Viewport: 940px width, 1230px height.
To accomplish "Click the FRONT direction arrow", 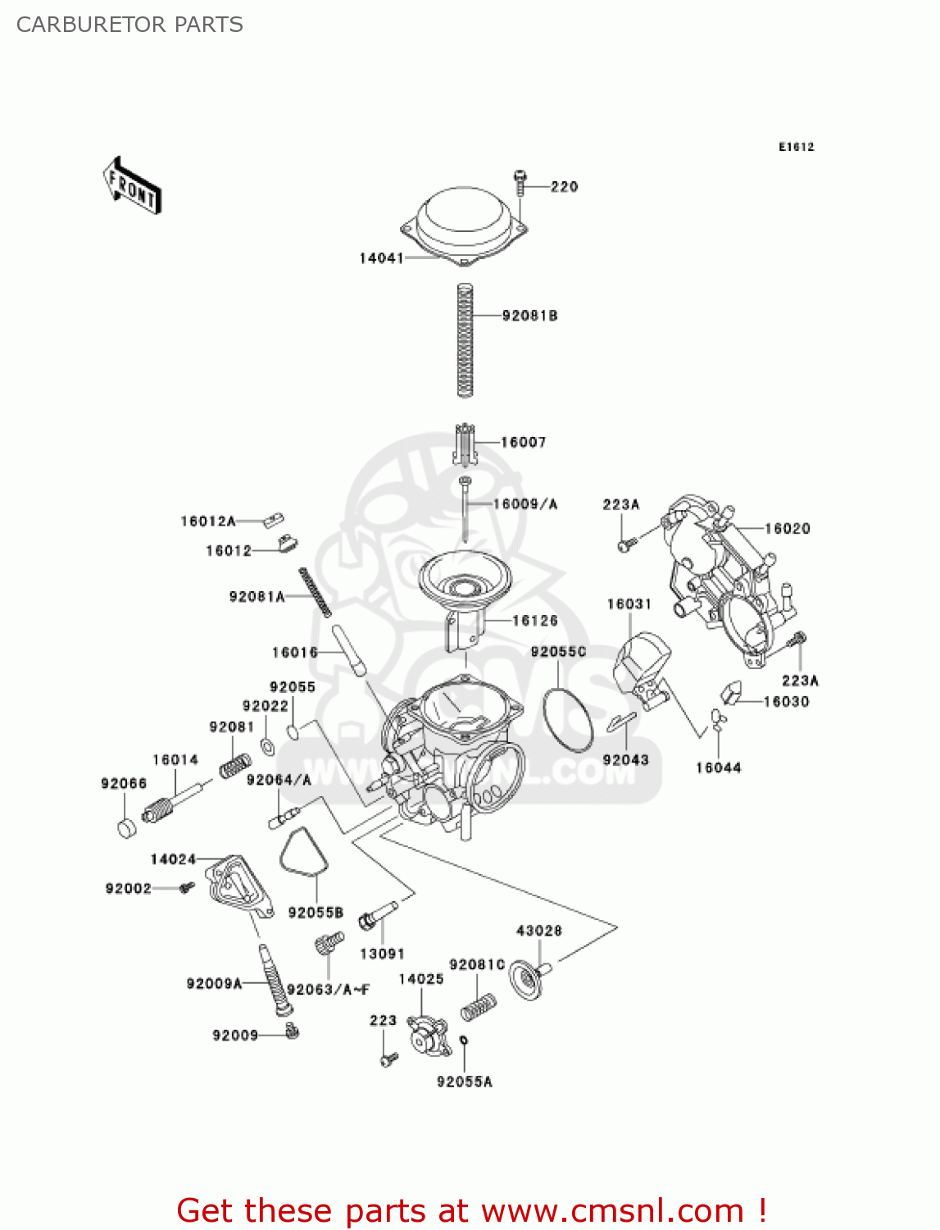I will (132, 186).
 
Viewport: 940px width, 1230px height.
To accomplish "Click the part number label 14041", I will (381, 258).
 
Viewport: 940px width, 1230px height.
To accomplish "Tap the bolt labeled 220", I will (520, 183).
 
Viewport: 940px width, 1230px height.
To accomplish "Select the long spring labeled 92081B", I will (465, 340).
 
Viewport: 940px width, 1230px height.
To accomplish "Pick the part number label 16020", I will (787, 529).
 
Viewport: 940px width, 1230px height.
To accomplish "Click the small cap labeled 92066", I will (126, 827).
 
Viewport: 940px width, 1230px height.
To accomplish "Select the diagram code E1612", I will (796, 147).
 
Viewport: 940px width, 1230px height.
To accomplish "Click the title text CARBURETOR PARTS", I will (129, 25).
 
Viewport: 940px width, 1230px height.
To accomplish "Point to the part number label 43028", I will (538, 931).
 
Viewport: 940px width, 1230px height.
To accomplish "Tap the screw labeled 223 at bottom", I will (388, 1059).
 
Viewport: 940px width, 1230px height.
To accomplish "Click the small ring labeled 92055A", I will (464, 1041).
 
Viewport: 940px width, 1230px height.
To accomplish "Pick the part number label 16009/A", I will (524, 504).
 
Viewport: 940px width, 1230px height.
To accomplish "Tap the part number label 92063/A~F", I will (328, 990).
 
